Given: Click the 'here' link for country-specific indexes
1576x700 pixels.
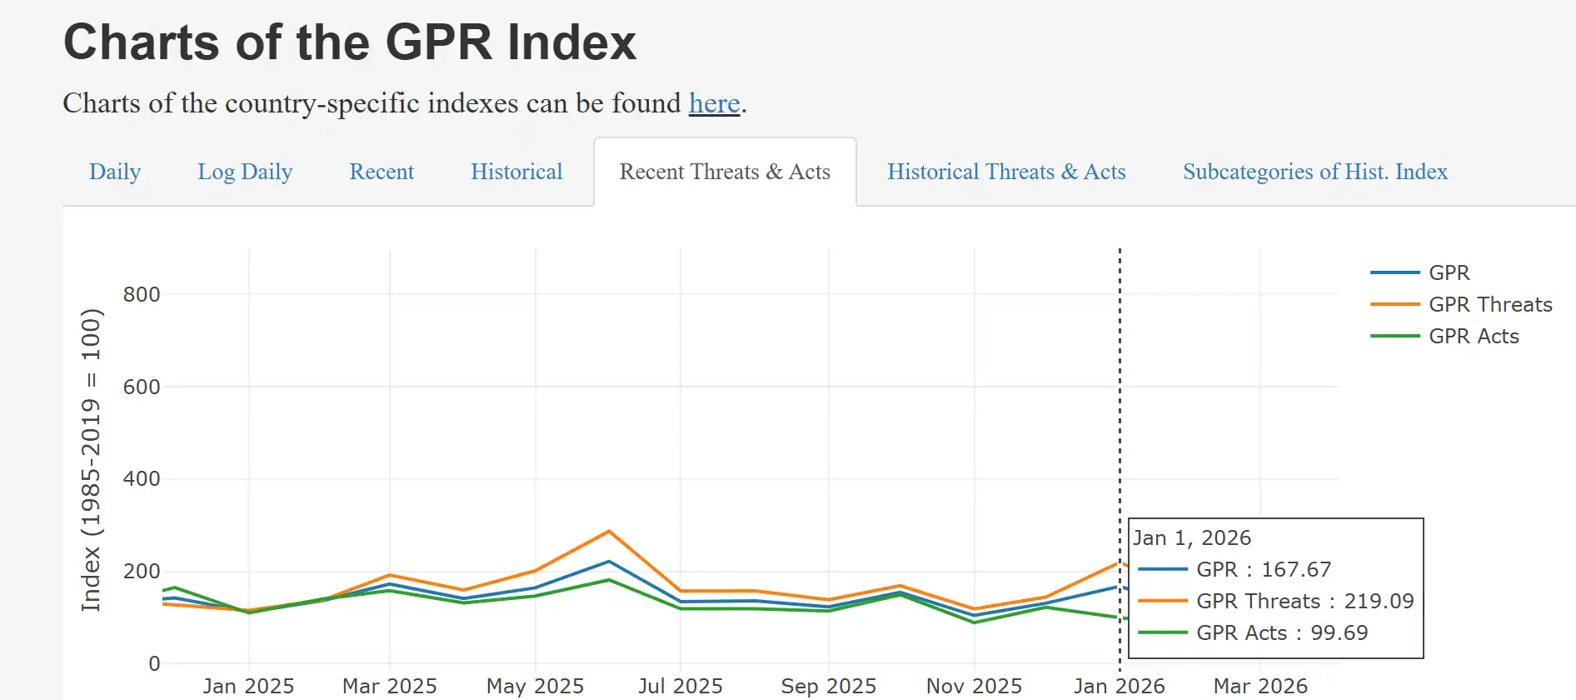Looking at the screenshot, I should pos(714,103).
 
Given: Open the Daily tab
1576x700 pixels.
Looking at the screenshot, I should pos(115,172).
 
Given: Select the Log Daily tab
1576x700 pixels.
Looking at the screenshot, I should pos(245,172).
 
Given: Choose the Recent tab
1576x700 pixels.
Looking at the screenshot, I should pos(382,172).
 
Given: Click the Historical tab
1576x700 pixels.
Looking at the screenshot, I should pos(516,172).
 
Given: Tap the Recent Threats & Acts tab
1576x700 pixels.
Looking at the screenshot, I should pos(725,172).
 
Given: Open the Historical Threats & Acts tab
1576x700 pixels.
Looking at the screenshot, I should pos(1006,172).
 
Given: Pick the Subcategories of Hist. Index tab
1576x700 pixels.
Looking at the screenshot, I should pos(1315,172).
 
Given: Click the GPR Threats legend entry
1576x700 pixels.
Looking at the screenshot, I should pos(1489,305).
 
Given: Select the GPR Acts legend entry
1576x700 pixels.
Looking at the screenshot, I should pos(1473,337).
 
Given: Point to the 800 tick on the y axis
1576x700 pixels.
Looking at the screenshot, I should pos(142,294).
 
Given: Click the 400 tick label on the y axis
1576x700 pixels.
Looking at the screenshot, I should pos(142,479).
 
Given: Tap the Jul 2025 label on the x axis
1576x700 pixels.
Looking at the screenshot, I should pos(681,686).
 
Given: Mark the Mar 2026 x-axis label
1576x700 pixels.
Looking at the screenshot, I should pos(1260,686).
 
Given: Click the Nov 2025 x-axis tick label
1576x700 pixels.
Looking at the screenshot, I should pos(974,686).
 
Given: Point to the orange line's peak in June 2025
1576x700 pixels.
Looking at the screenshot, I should pos(609,532).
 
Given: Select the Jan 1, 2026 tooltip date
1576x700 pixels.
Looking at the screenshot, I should pos(1192,538).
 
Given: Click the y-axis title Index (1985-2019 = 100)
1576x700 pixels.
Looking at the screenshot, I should pos(91,460).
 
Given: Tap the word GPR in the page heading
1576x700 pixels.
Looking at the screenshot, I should pos(439,42).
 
